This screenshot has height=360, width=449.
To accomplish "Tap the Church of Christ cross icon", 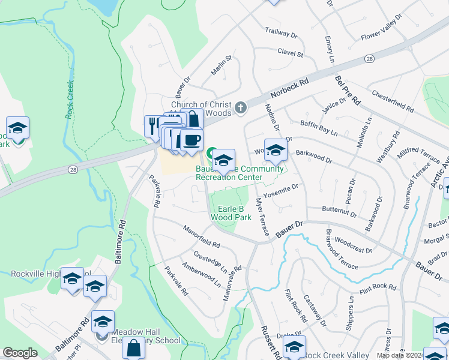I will pos(241,108).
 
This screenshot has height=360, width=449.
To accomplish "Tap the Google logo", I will pos(20,353).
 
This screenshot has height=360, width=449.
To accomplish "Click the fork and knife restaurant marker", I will pos(152,125).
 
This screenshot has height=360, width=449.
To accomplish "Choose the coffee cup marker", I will pos(191,141).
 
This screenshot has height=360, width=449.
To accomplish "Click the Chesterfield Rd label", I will pos(393,101).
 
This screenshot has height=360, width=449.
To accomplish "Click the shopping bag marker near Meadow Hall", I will pos(133,349).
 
